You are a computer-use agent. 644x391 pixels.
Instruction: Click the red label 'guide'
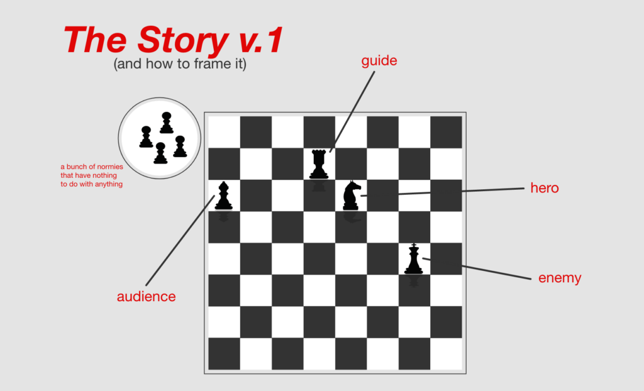(x=379, y=61)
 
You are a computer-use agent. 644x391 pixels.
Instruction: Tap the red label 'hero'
(x=545, y=188)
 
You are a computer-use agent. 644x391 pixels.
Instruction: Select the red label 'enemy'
(x=560, y=278)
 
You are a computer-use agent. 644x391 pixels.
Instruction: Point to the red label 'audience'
(x=146, y=297)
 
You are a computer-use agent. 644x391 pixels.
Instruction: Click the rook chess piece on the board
(x=319, y=164)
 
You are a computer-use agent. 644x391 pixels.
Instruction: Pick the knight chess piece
(x=352, y=196)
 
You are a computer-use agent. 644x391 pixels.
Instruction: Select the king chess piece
(x=414, y=259)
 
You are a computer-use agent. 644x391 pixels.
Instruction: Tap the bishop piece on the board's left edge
(x=223, y=196)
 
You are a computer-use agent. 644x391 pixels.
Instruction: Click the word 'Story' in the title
(x=183, y=40)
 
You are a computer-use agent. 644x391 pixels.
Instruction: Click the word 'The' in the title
(x=95, y=40)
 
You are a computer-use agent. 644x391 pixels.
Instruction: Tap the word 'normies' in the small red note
(x=109, y=167)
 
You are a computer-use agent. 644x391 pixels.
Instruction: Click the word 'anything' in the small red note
(x=109, y=184)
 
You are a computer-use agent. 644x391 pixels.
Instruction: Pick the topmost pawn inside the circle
(x=166, y=123)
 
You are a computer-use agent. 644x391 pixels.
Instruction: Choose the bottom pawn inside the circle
(x=160, y=153)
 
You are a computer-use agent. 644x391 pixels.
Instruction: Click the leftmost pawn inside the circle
(x=146, y=137)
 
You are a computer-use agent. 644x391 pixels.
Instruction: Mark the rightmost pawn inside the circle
(x=180, y=146)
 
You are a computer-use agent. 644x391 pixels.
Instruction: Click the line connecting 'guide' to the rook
(x=352, y=112)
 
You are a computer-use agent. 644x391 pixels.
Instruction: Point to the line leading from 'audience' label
(x=180, y=240)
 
